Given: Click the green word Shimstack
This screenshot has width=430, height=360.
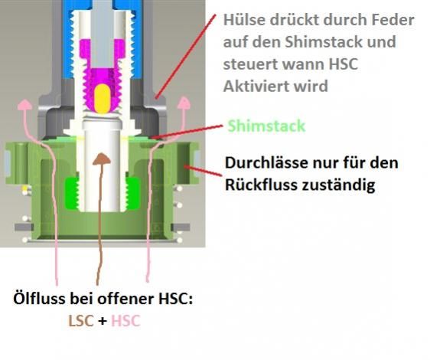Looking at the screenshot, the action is (266, 126).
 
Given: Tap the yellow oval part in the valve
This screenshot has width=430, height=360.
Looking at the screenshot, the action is (102, 99).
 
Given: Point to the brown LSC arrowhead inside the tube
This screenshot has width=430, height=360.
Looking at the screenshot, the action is (102, 159).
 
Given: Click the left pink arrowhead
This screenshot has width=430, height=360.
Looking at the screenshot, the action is (25, 105).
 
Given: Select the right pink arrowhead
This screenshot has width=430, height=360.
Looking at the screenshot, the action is (184, 103).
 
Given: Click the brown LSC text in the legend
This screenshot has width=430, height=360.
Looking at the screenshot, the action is (81, 321).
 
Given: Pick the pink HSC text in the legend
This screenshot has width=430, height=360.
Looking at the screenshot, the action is (125, 321).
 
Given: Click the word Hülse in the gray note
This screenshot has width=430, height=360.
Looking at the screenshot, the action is (244, 20).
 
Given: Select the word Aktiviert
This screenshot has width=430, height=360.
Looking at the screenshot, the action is (255, 87).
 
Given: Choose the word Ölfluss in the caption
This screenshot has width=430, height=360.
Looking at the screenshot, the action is (39, 299).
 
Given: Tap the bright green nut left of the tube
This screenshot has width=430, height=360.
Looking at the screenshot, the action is (72, 193).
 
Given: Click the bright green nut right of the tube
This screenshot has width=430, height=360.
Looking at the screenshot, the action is (133, 193).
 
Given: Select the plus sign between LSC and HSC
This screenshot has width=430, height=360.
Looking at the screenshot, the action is (103, 321).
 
